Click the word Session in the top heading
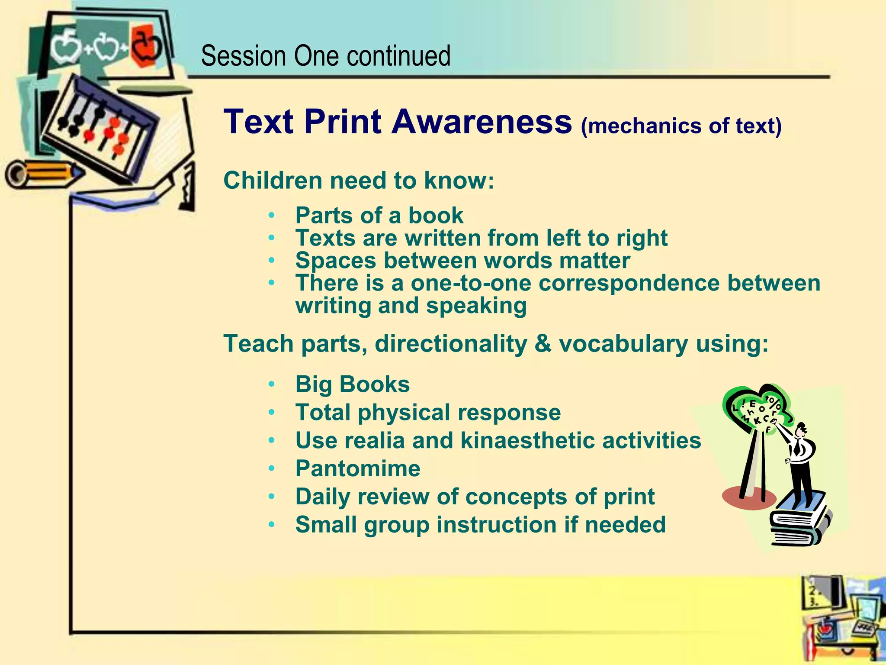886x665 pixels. [x=244, y=56]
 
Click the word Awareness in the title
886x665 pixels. [x=482, y=122]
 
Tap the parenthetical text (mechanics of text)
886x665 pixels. [x=681, y=126]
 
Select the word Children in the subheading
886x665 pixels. [x=273, y=181]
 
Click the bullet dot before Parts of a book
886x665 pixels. [x=271, y=215]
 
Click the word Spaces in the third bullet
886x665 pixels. [x=335, y=261]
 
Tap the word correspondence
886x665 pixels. [x=629, y=283]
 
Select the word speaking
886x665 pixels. [x=476, y=306]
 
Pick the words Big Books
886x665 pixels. [x=352, y=384]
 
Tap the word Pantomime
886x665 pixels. [x=357, y=468]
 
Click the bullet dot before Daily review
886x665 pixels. [x=271, y=497]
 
